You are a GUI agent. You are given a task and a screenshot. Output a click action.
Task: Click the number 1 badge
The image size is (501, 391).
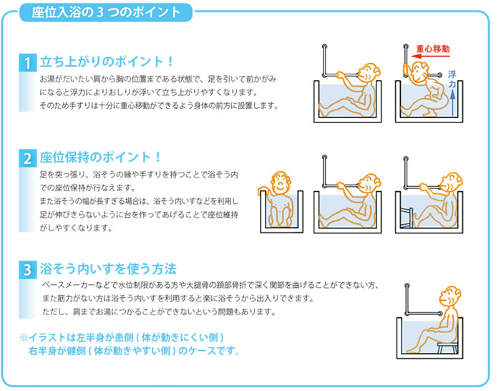26,63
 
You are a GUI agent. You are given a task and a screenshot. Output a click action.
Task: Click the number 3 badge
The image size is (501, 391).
26,270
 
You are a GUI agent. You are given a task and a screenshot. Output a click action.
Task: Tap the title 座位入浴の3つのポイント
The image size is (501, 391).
107,12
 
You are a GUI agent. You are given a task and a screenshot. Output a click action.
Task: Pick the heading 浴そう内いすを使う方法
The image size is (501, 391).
108,269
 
